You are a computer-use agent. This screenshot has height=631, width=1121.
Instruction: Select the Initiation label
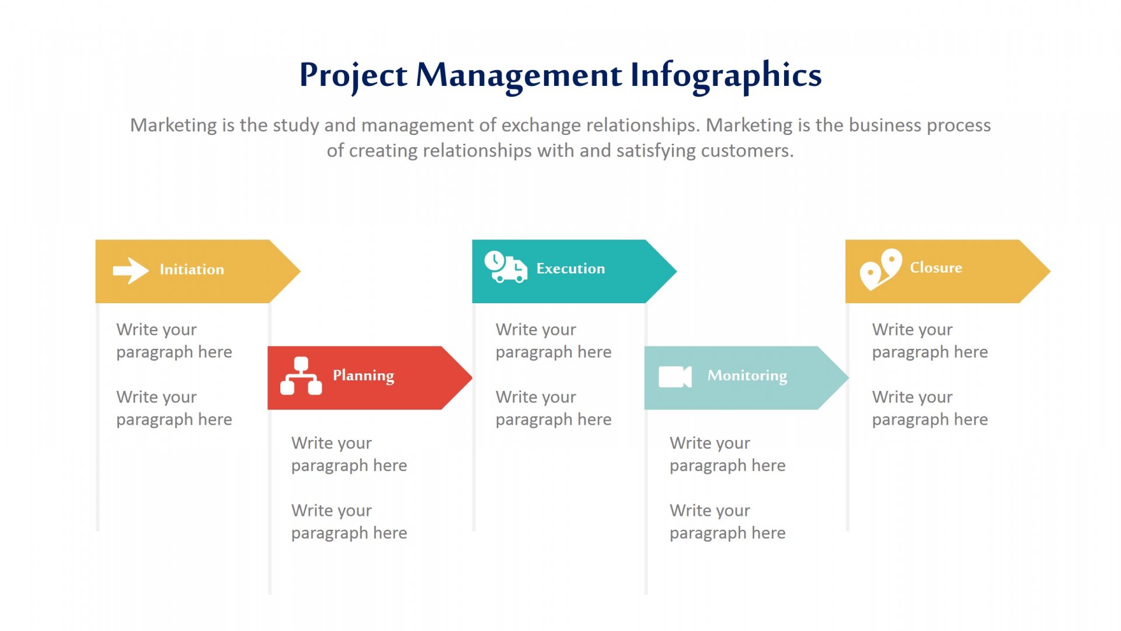pos(192,269)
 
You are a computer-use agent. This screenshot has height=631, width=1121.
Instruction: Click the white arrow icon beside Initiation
pos(131,271)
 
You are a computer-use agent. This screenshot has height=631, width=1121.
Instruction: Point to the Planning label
pos(363,376)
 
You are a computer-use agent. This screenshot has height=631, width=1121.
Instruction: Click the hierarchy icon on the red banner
pos(301,376)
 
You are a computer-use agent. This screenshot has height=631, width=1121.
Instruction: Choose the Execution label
pos(570,268)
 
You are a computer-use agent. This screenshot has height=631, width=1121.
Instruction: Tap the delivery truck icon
pos(506,267)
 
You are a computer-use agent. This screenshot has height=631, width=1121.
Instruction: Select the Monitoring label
pos(747,376)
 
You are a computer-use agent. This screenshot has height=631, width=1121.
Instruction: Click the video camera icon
pos(675,377)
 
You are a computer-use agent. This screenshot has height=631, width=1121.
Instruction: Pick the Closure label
pos(936,268)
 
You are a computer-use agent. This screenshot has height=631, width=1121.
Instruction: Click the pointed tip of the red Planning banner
pos(472,377)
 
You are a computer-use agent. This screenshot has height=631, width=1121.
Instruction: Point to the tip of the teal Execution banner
pos(677,271)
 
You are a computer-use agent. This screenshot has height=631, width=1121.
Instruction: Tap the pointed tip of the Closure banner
pos(1051,271)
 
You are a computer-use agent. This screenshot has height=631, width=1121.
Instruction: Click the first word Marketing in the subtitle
pos(173,126)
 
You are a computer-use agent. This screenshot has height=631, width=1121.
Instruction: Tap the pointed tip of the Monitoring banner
pos(849,377)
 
